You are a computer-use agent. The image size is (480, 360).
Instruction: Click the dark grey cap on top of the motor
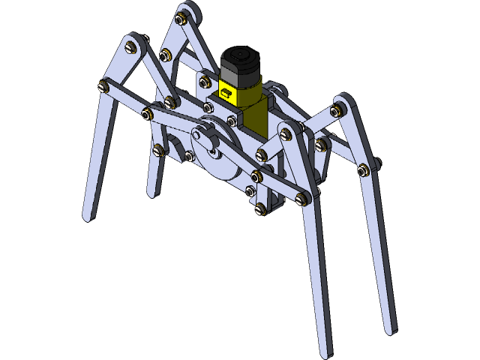click(x=241, y=59)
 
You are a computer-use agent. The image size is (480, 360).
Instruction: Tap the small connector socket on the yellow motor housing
click(x=225, y=92)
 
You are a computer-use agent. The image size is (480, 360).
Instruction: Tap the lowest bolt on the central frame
click(x=260, y=208)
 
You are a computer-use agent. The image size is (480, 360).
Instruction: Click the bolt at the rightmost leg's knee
click(x=334, y=111)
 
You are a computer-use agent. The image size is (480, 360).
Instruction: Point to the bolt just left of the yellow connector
click(x=204, y=78)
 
